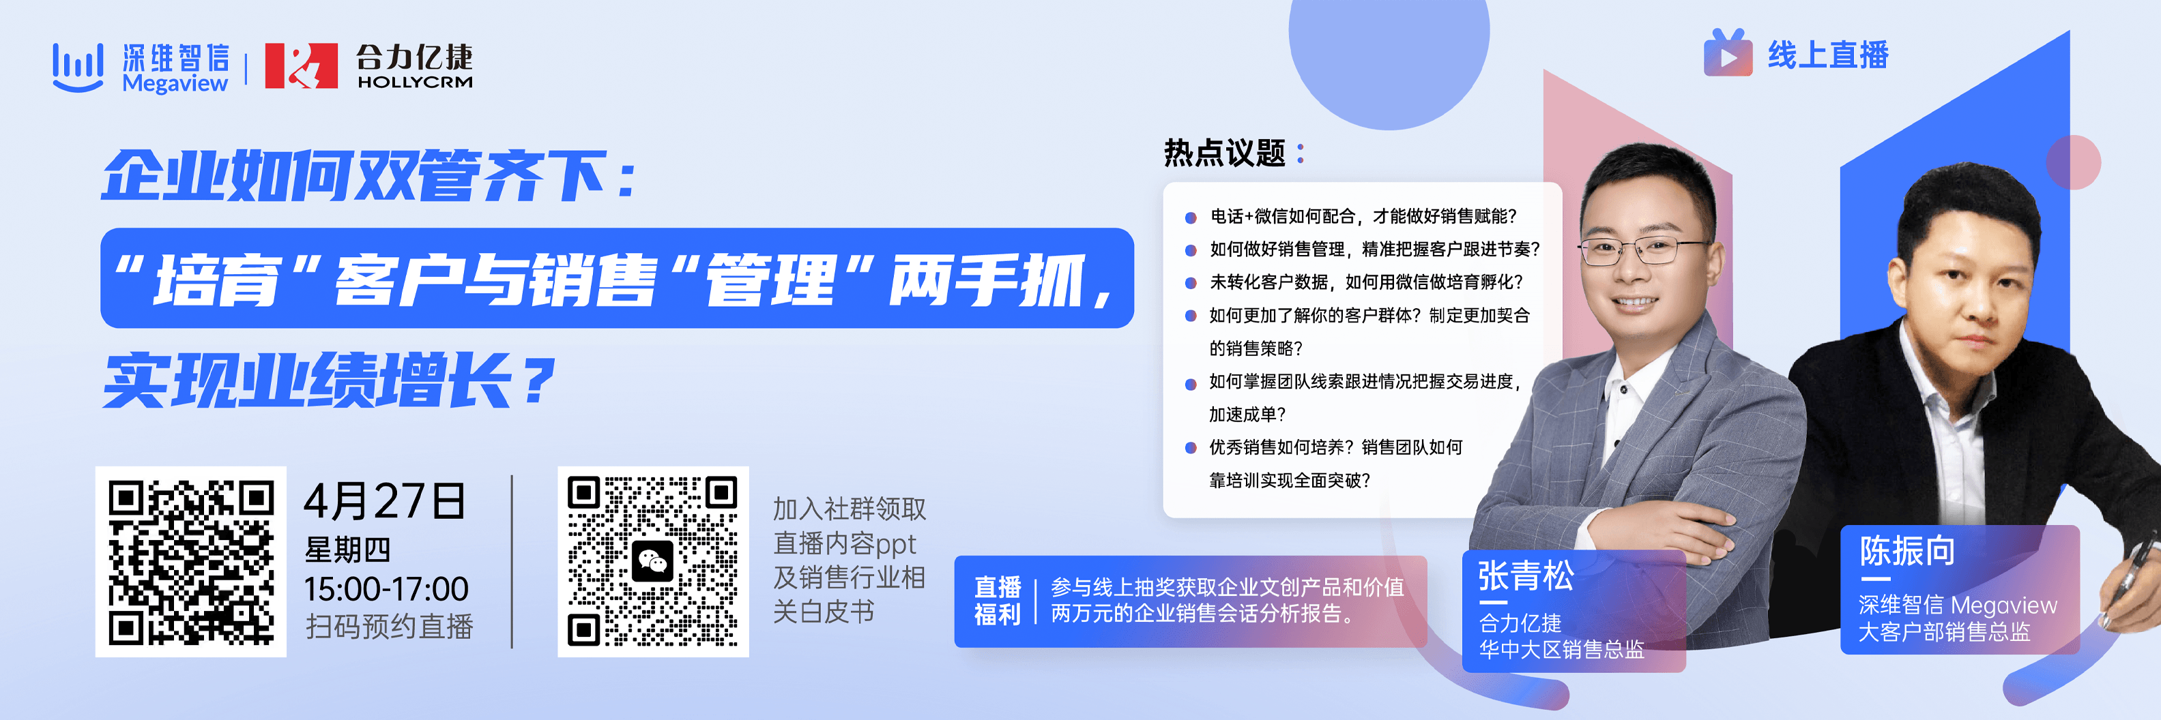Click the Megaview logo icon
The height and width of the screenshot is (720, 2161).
click(x=78, y=67)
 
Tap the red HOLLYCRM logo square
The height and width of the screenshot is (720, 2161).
click(x=301, y=65)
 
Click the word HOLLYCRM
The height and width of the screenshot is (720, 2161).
click(x=414, y=82)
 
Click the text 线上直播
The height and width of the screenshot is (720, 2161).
click(x=1828, y=55)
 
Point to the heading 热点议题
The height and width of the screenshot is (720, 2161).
click(x=1225, y=153)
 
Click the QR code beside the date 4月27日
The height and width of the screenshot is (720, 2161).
click(x=191, y=562)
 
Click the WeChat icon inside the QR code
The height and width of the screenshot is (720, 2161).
click(x=652, y=562)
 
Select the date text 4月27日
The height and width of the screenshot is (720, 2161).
click(x=385, y=501)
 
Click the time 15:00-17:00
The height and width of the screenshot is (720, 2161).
click(x=387, y=589)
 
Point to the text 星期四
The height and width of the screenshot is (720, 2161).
click(x=348, y=550)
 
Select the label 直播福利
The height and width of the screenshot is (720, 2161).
click(x=998, y=601)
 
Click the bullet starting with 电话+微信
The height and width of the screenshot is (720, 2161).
click(x=1363, y=216)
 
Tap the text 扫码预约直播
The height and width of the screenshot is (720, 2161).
click(x=389, y=626)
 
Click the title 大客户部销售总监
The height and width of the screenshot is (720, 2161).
click(x=1945, y=632)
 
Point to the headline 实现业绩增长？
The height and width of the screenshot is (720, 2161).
click(x=330, y=381)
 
